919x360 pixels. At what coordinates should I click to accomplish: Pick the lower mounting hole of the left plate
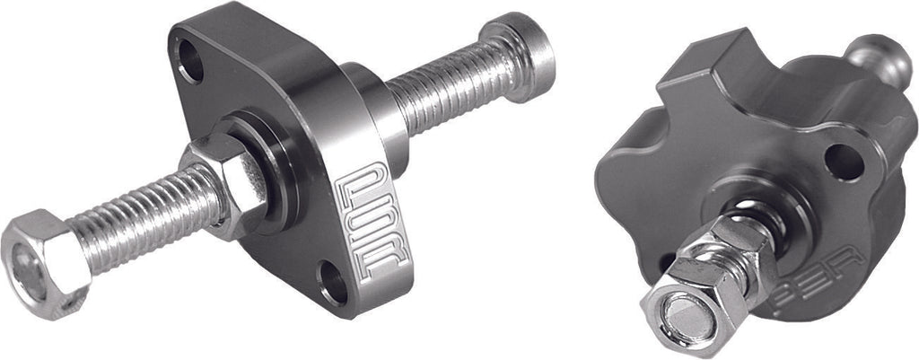pyautogui.click(x=334, y=280)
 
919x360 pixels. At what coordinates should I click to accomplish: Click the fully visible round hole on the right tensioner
pyautogui.click(x=845, y=162)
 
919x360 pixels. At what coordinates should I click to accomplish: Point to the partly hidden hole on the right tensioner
pyautogui.click(x=665, y=262)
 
